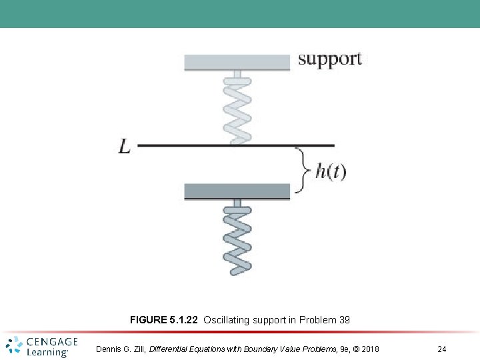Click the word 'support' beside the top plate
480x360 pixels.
[x=329, y=59]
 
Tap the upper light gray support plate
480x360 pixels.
[x=237, y=62]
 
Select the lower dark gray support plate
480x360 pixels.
[x=237, y=191]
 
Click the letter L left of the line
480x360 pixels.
[x=125, y=146]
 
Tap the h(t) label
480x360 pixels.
[x=331, y=171]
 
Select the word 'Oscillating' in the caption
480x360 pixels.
[x=226, y=320]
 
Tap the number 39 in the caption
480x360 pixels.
[x=344, y=320]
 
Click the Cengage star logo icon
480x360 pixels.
[x=14, y=346]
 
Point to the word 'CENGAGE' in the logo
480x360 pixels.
[x=52, y=342]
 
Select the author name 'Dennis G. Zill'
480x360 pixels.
[x=120, y=349]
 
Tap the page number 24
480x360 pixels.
[x=442, y=349]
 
